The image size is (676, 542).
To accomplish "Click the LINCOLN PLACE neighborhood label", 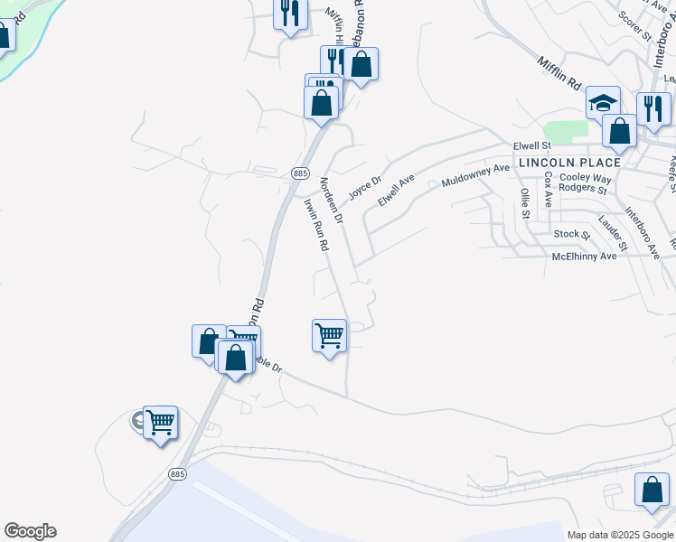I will click(569, 163).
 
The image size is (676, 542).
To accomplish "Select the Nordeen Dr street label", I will click(332, 200).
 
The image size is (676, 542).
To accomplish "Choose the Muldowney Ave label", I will click(475, 175).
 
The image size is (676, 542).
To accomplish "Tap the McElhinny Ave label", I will click(584, 257).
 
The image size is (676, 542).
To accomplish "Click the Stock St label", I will click(571, 235).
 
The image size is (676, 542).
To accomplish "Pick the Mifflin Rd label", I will click(559, 78).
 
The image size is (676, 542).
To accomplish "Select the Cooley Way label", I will click(586, 178).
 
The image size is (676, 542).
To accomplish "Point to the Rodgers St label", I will click(583, 189).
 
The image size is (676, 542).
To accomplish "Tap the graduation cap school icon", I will click(603, 102).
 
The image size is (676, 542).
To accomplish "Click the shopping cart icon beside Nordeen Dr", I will click(329, 336).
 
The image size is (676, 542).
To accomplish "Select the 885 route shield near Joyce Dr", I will click(301, 173).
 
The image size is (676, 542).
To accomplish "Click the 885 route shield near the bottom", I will click(177, 472).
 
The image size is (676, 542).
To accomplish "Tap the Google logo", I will click(30, 531).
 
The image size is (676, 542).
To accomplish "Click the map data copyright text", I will click(620, 535).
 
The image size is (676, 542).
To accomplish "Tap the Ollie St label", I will click(525, 203).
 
